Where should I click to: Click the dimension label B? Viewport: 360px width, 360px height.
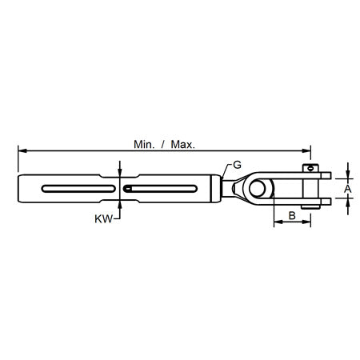[x=293, y=215]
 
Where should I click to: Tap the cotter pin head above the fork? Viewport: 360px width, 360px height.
[x=307, y=167]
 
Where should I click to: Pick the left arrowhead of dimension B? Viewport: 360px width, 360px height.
[x=277, y=224]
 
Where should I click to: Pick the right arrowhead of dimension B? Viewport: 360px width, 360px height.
[x=308, y=224]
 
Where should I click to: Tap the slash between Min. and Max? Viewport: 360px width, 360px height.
[x=165, y=146]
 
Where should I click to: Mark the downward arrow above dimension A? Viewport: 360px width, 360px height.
[x=347, y=174]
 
